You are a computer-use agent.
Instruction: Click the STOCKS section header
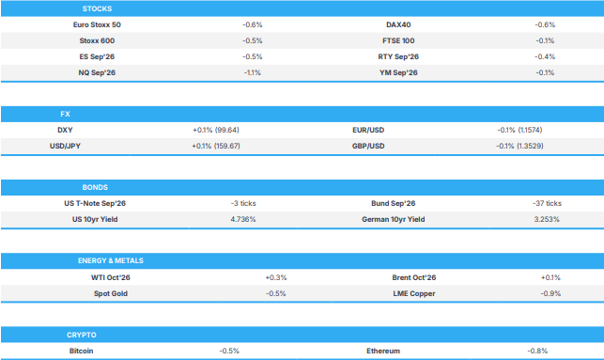pyautogui.click(x=97, y=8)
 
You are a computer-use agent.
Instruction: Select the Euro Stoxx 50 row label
pyautogui.click(x=97, y=24)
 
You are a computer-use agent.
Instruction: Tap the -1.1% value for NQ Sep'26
pyautogui.click(x=253, y=72)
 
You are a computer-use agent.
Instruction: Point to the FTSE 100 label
pyautogui.click(x=398, y=40)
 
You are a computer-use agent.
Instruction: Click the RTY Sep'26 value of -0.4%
pyautogui.click(x=545, y=56)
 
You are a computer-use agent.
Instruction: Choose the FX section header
pyautogui.click(x=65, y=114)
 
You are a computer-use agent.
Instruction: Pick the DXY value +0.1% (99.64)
pyautogui.click(x=216, y=130)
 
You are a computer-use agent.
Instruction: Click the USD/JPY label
pyautogui.click(x=65, y=146)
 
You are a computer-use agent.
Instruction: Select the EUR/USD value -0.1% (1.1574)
pyautogui.click(x=519, y=130)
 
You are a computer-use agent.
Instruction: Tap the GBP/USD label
pyautogui.click(x=368, y=146)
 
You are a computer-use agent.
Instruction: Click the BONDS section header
pyautogui.click(x=95, y=187)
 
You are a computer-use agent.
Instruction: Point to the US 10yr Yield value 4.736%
pyautogui.click(x=243, y=219)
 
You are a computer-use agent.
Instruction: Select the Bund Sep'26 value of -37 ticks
pyautogui.click(x=547, y=203)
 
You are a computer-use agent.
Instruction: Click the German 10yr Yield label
pyautogui.click(x=394, y=219)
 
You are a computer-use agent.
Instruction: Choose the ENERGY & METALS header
pyautogui.click(x=111, y=260)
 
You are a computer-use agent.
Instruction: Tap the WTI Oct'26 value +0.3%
pyautogui.click(x=276, y=277)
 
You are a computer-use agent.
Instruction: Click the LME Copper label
pyautogui.click(x=414, y=293)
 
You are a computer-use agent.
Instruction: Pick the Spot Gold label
pyautogui.click(x=111, y=293)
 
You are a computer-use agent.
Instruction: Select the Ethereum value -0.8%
pyautogui.click(x=537, y=351)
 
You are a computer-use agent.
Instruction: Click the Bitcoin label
pyautogui.click(x=82, y=351)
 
